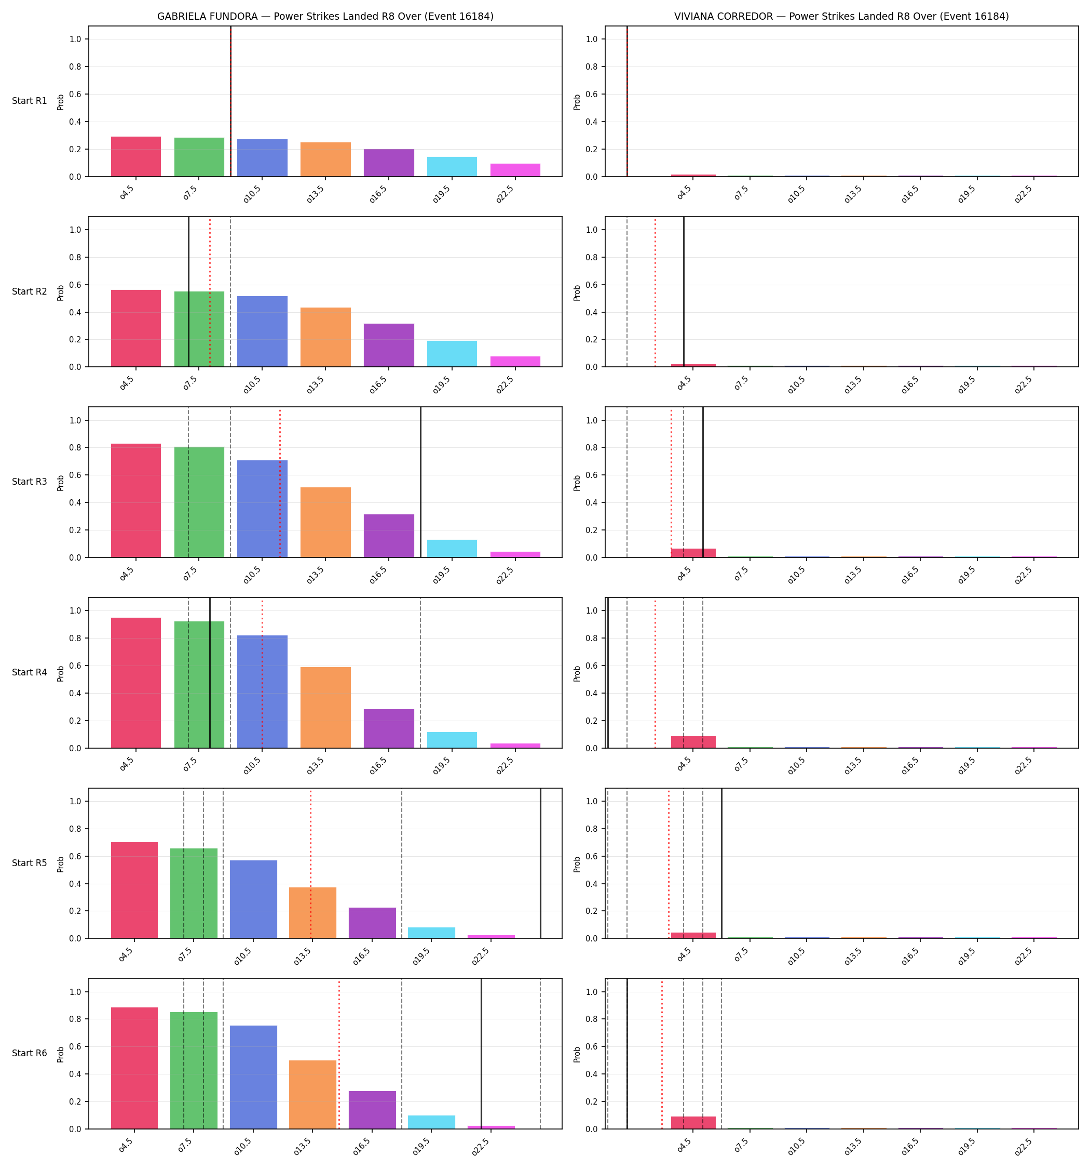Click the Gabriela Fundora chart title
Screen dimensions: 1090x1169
point(325,17)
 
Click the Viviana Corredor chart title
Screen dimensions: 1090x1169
point(841,17)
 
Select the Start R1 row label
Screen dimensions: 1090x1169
point(30,101)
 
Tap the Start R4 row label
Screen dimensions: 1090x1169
point(30,673)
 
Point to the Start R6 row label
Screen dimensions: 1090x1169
point(30,1053)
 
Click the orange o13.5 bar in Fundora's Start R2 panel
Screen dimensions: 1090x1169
point(325,338)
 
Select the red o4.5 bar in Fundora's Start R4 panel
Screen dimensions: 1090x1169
point(136,683)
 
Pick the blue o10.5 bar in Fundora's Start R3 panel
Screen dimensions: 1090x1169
point(262,509)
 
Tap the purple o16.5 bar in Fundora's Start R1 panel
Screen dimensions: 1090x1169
point(388,163)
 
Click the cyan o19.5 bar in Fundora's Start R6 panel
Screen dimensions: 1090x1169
point(431,1122)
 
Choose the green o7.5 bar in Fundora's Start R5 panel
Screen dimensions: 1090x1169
point(194,893)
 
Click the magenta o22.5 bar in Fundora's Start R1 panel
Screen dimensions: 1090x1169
point(515,170)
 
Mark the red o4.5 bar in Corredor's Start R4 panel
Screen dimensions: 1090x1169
point(693,742)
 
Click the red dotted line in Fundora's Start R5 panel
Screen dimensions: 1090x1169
point(310,863)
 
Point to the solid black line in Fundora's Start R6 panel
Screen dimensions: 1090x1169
point(481,1054)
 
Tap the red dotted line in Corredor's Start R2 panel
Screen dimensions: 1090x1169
point(655,291)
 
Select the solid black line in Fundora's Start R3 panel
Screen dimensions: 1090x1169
point(421,482)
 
